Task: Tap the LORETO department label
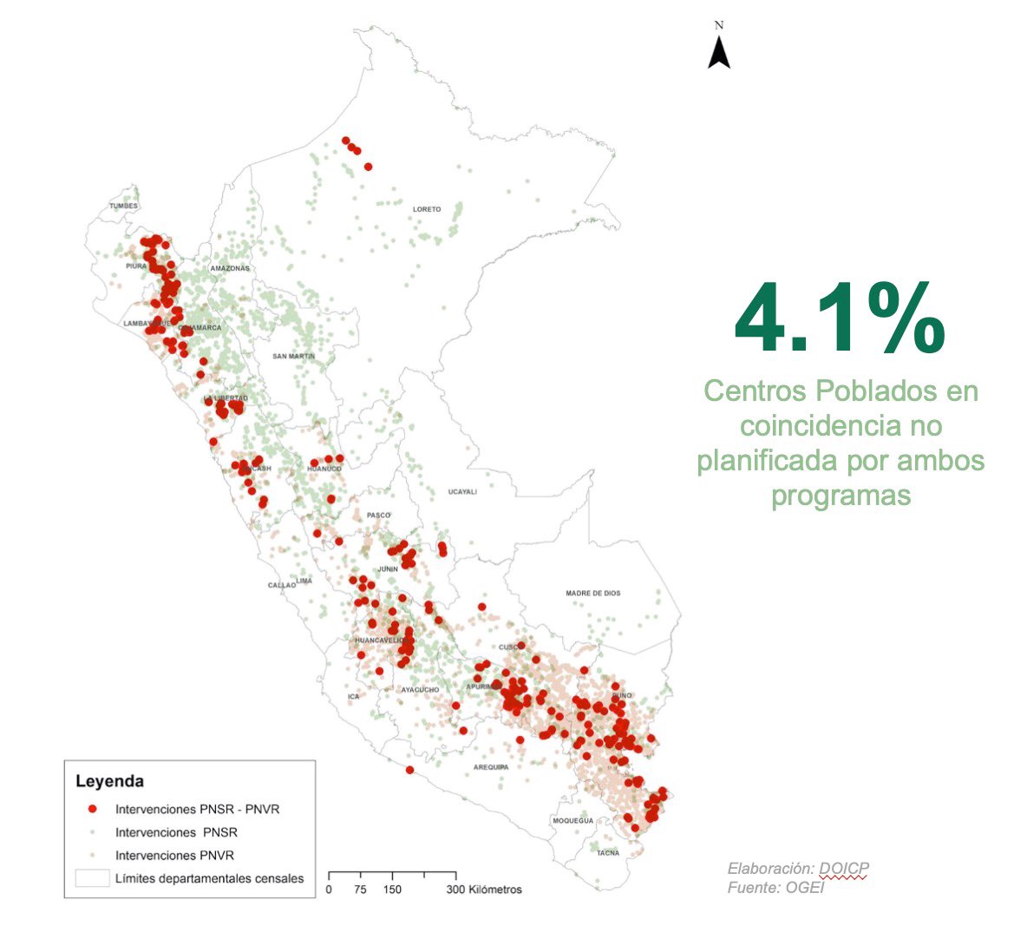tap(427, 209)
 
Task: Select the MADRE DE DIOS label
tap(593, 594)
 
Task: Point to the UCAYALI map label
tap(462, 492)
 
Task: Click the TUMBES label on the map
tap(123, 206)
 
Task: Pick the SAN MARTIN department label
tap(293, 357)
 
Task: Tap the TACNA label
tap(608, 853)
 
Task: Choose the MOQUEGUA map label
tap(572, 821)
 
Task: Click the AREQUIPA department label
tap(491, 767)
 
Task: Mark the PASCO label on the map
tap(378, 515)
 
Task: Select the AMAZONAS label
tap(229, 269)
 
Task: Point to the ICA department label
tap(353, 697)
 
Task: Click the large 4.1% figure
tap(839, 318)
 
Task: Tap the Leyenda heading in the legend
tap(109, 781)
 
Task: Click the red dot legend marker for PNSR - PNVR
tap(92, 809)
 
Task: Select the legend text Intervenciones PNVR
tap(174, 855)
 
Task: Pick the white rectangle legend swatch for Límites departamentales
tap(92, 878)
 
